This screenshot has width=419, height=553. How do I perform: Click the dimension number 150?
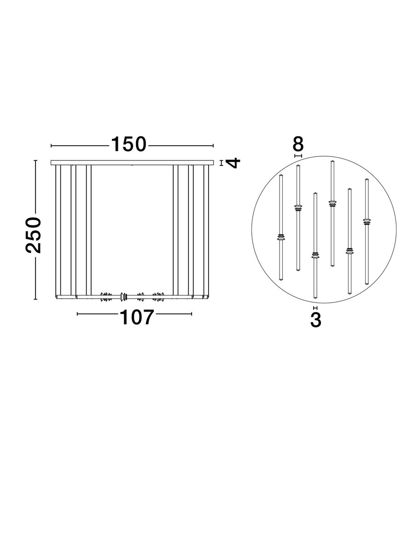(x=128, y=145)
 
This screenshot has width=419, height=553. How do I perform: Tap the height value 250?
(x=34, y=235)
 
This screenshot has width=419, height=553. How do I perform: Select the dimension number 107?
(x=137, y=318)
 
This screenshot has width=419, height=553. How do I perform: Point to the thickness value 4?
(x=233, y=163)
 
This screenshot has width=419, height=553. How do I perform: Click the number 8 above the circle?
(x=298, y=145)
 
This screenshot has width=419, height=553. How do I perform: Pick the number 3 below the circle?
(x=315, y=320)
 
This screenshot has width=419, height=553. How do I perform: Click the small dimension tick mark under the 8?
(x=298, y=156)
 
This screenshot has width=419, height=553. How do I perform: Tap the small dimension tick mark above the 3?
(x=315, y=308)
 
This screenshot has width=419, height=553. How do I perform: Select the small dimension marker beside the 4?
(x=221, y=163)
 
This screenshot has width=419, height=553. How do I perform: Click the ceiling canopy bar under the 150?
(x=132, y=163)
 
